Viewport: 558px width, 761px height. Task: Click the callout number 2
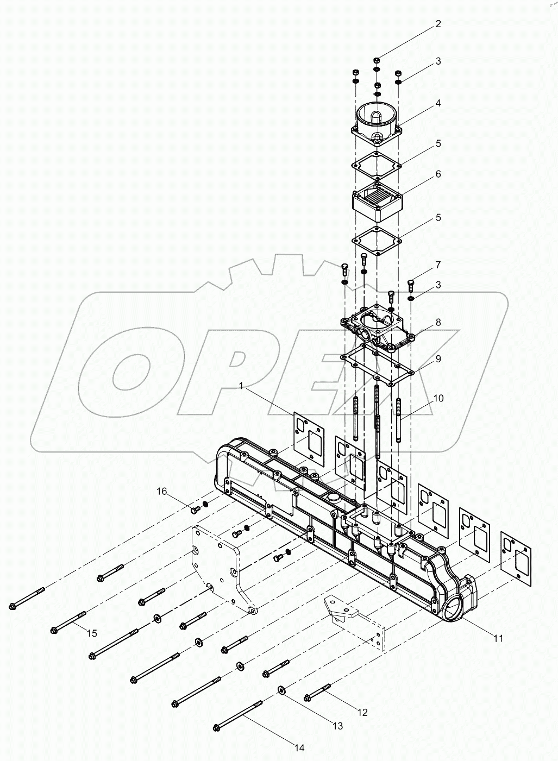pyautogui.click(x=438, y=24)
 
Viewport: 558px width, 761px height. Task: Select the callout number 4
pyautogui.click(x=438, y=103)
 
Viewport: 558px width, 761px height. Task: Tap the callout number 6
pyautogui.click(x=438, y=174)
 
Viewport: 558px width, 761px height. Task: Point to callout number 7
pyautogui.click(x=438, y=265)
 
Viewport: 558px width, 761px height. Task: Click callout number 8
pyautogui.click(x=438, y=322)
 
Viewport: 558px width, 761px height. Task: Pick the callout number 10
pyautogui.click(x=438, y=398)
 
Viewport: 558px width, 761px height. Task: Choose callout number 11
pyautogui.click(x=498, y=638)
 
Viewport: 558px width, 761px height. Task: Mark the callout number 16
pyautogui.click(x=162, y=492)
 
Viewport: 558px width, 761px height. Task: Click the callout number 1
pyautogui.click(x=240, y=386)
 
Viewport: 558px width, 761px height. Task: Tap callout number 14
pyautogui.click(x=298, y=748)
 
